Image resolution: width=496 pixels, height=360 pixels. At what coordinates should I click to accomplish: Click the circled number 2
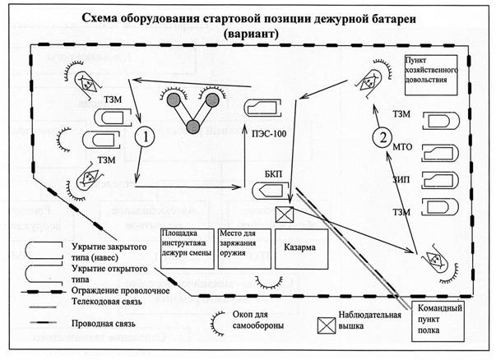pyautogui.click(x=380, y=137)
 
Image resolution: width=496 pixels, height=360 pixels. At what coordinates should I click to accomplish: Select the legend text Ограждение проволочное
pyautogui.click(x=120, y=289)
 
